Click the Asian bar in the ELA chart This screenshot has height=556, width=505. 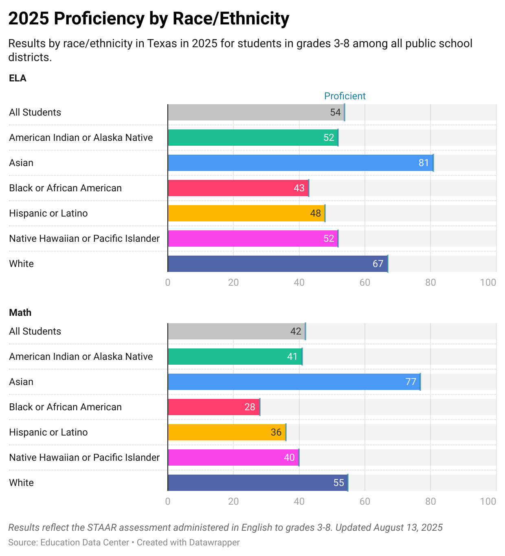coord(300,163)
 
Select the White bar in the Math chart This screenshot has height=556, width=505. coord(257,483)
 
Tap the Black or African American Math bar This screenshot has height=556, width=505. coord(213,407)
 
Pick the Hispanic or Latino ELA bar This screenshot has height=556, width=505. coord(246,213)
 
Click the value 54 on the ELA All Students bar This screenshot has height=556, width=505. coord(335,112)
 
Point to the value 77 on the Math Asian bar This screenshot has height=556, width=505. coord(411,382)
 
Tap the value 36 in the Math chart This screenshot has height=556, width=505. coord(276,432)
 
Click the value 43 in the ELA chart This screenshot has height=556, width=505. coord(299,188)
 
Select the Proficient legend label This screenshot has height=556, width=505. coord(345,96)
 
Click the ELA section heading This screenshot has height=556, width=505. coord(18,78)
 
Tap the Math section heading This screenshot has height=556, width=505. coord(20,313)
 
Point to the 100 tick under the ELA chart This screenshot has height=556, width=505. coord(488,282)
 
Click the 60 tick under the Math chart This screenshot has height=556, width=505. coord(364,501)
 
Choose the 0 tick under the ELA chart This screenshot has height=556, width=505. coord(168,282)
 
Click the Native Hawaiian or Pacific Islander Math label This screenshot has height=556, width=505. coord(84,457)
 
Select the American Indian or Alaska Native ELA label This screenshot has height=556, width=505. coord(81,138)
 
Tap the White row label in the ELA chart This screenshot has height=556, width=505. coord(21,264)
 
